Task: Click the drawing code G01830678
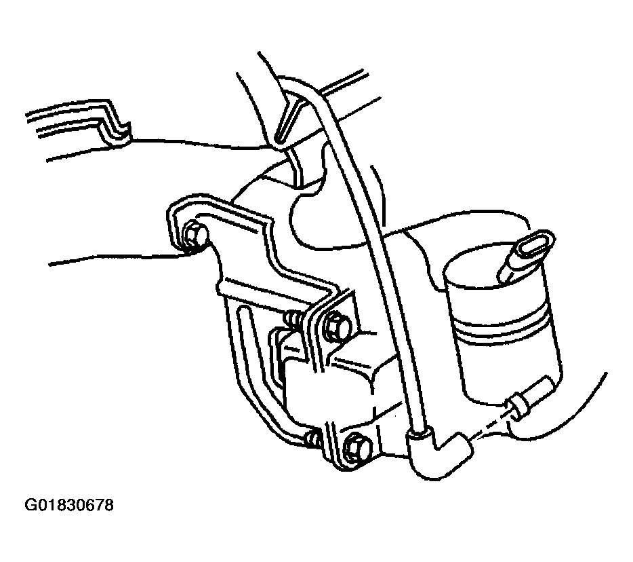tap(69, 505)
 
